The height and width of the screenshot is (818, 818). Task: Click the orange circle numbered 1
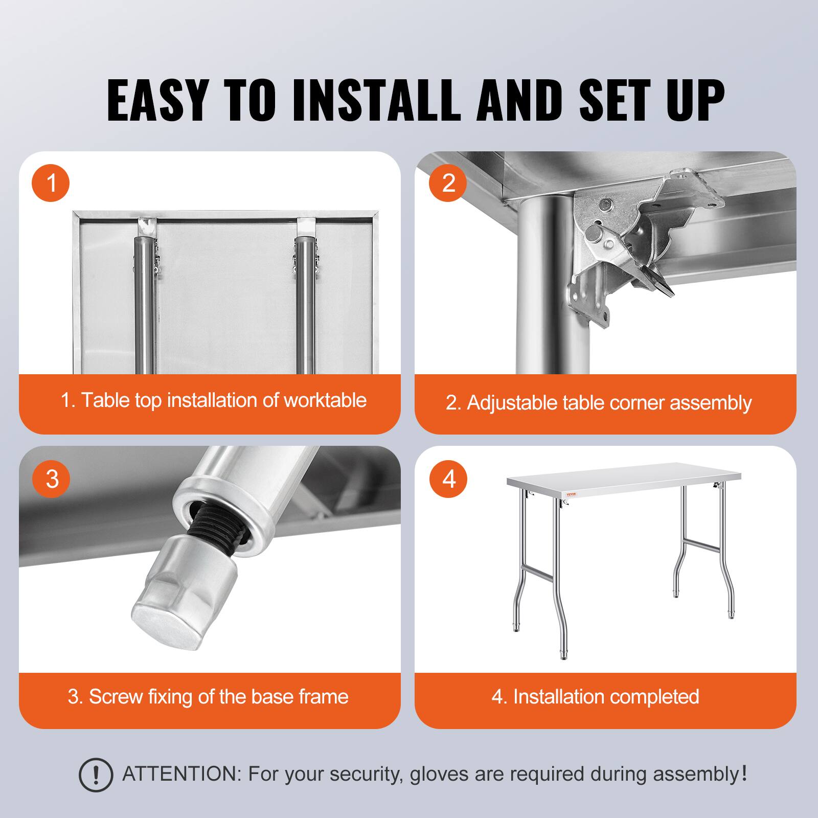tap(51, 183)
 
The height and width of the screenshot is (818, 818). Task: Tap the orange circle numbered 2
tap(448, 183)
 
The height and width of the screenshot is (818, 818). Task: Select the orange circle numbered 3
tap(52, 479)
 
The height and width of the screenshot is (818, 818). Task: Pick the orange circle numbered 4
tap(448, 479)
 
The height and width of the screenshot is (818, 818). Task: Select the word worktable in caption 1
tap(325, 400)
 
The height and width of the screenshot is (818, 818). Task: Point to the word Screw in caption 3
tap(116, 696)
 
